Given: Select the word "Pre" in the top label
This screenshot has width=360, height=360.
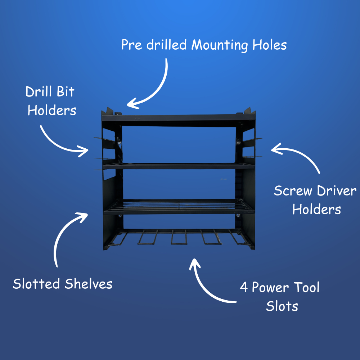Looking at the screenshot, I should (130, 46).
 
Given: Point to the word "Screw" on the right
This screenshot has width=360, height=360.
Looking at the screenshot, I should (293, 191).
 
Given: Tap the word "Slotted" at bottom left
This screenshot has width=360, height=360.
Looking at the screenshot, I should (36, 284).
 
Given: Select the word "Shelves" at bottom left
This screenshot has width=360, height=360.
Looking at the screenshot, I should (89, 284).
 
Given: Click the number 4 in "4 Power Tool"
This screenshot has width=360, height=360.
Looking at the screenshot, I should (244, 288).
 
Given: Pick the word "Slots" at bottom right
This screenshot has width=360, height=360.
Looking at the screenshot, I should (282, 306).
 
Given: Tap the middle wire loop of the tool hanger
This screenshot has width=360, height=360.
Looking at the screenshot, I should (178, 238).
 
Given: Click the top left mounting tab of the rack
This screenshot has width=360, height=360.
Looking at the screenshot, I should (109, 111).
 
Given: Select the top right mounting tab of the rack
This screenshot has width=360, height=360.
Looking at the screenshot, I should (249, 110).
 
